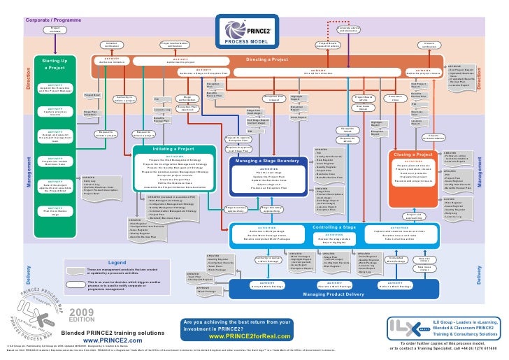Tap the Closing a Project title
click(413, 154)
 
